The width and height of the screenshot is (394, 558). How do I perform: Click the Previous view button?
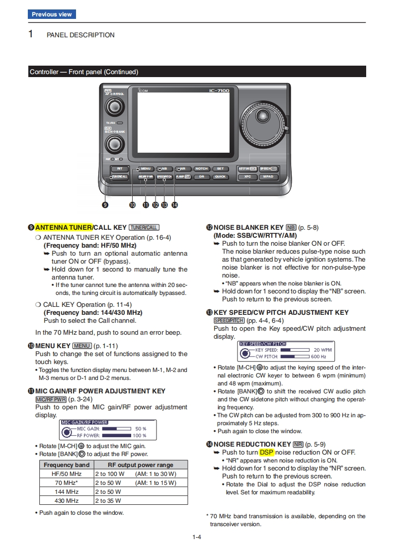[x=52, y=14]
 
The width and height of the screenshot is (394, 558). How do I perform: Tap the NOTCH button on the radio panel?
[x=201, y=169]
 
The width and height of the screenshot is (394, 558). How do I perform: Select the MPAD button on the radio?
[x=268, y=177]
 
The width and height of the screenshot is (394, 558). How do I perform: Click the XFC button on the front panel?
[x=247, y=177]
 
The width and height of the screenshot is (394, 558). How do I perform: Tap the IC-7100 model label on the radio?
[x=218, y=91]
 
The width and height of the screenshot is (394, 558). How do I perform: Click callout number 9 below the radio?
[x=105, y=204]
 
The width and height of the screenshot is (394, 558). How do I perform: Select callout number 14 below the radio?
[x=174, y=204]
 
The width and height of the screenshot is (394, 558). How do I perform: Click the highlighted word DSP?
[x=266, y=452]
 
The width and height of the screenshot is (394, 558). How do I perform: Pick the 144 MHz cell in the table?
[x=67, y=491]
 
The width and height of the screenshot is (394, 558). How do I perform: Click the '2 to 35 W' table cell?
[x=108, y=500]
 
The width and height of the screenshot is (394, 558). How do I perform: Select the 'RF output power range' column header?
[x=141, y=465]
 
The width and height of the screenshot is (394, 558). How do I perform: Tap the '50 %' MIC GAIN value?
[x=141, y=428]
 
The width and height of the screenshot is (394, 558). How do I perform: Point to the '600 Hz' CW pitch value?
[x=318, y=357]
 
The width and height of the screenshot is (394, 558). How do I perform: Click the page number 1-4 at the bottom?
[x=197, y=537]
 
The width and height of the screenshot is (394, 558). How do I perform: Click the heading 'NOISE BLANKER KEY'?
[x=248, y=227]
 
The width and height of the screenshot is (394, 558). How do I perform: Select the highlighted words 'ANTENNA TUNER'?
[x=63, y=227]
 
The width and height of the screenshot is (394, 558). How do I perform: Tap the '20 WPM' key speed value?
[x=322, y=350]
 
